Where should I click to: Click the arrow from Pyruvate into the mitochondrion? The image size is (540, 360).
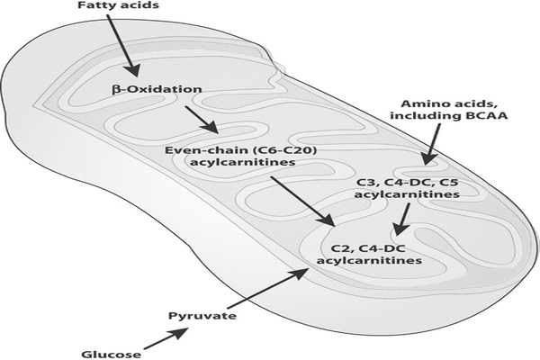point(270,290)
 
